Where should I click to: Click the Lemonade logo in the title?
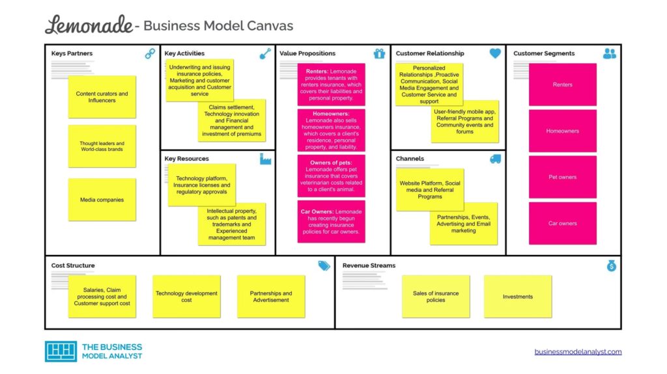[88, 25]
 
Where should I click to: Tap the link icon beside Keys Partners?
[150, 54]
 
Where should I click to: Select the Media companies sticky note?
[102, 200]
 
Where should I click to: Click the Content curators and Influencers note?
[102, 97]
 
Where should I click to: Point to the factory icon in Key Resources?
[265, 159]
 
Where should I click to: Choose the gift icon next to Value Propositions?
[380, 54]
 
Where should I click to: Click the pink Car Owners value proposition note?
[331, 222]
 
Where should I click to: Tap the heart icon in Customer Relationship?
[495, 54]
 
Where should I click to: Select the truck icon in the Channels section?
[495, 159]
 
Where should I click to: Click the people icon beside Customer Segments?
[610, 54]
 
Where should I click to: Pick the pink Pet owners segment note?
[562, 177]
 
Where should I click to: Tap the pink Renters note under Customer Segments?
[562, 85]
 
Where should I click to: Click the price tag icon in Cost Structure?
[324, 266]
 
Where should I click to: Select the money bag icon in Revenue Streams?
[611, 266]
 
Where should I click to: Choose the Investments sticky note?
[517, 297]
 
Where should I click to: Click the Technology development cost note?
[186, 297]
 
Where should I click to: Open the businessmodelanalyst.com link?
[578, 352]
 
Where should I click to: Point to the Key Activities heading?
[184, 53]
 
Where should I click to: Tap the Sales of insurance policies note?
[436, 297]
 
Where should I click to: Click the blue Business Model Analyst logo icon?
[61, 351]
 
